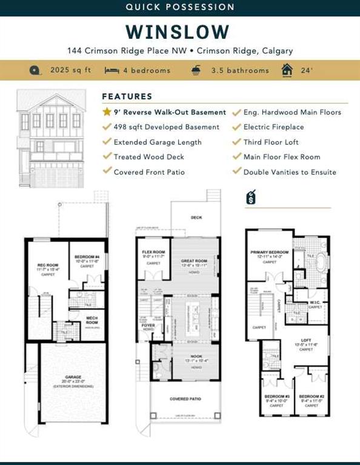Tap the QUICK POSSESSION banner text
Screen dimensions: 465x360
tap(179, 7)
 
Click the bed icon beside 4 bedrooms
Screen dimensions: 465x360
tap(112, 70)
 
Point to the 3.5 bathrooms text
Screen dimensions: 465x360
tap(239, 70)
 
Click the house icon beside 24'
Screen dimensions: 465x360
tap(287, 70)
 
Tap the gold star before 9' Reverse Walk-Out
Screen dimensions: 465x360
tap(107, 112)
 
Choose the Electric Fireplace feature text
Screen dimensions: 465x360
tap(273, 127)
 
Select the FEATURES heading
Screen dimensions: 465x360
tap(127, 96)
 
